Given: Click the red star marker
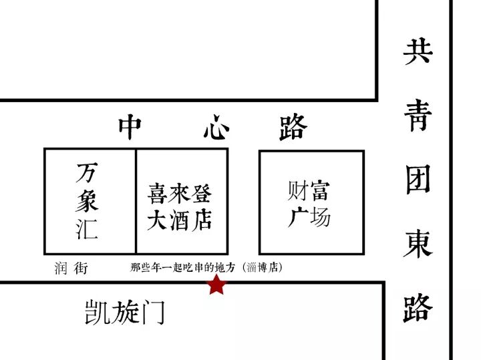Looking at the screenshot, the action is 216,285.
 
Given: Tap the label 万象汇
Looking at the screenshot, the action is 88,200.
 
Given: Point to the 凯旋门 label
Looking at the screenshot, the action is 125,312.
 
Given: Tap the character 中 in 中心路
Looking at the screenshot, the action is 130,127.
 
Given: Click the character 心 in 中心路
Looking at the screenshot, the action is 216,127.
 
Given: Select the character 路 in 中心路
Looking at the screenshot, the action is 293,127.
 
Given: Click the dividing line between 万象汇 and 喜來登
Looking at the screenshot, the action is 136,200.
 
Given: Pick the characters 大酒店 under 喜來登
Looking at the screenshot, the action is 180,221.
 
